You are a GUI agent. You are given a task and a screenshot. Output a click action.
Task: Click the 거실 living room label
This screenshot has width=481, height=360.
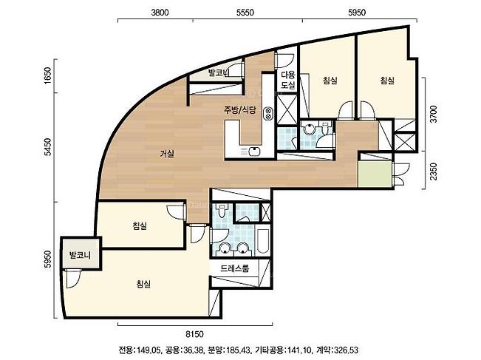pyautogui.click(x=167, y=154)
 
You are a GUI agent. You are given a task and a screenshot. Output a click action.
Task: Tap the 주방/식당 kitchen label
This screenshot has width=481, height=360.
pyautogui.click(x=239, y=110)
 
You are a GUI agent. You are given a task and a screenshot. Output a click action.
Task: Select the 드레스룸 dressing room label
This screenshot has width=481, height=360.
pyautogui.click(x=235, y=268)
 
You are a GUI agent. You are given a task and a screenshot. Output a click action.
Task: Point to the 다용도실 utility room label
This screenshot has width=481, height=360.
pyautogui.click(x=288, y=80)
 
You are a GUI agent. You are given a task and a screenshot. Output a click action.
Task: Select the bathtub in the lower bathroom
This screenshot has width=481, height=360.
pyautogui.click(x=263, y=241)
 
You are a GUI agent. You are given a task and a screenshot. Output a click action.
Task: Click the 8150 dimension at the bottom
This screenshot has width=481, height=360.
pyautogui.click(x=195, y=333)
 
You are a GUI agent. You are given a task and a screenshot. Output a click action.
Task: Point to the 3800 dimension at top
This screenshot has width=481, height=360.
pyautogui.click(x=160, y=13)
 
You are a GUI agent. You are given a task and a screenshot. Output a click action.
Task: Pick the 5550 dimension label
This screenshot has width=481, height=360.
pyautogui.click(x=245, y=13)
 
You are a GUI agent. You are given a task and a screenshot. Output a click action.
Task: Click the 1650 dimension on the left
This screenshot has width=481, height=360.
pyautogui.click(x=48, y=75)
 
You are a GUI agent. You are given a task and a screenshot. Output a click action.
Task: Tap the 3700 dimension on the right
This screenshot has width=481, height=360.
pyautogui.click(x=434, y=114)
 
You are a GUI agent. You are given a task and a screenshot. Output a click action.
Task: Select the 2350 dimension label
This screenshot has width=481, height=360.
pyautogui.click(x=434, y=171)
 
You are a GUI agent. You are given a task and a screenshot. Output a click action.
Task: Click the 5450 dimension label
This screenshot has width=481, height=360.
pyautogui.click(x=48, y=147)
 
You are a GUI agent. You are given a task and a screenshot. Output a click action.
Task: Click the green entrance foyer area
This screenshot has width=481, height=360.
pyautogui.click(x=375, y=174)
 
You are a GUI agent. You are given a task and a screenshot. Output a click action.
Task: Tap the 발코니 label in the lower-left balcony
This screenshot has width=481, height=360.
pyautogui.click(x=80, y=255)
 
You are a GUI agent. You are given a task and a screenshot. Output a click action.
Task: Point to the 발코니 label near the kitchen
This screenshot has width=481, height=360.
pyautogui.click(x=219, y=72)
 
